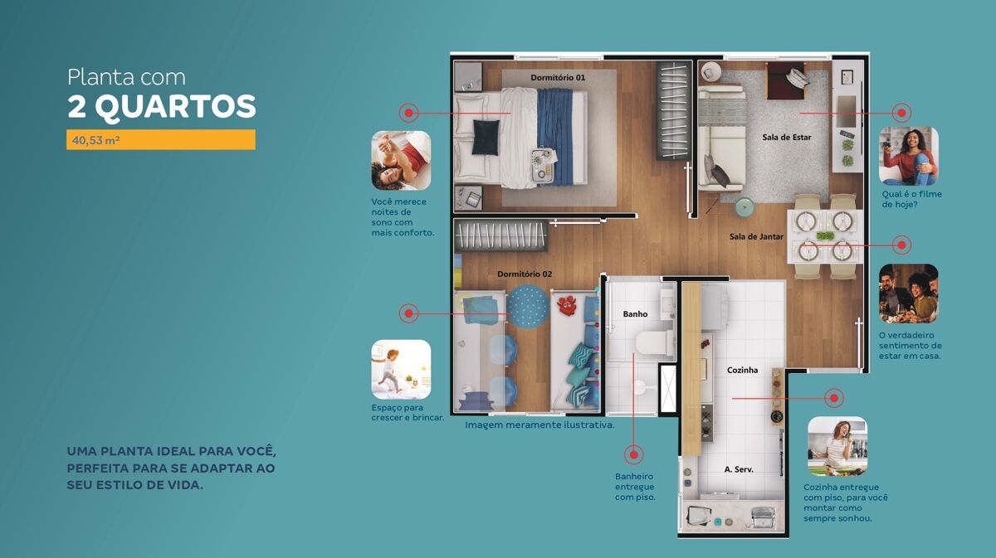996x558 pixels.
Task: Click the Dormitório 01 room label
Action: [558, 78]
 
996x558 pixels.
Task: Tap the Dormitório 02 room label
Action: [525, 274]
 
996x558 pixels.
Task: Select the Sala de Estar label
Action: [787, 138]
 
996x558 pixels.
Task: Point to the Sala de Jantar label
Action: [756, 237]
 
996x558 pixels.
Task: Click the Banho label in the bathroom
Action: [635, 314]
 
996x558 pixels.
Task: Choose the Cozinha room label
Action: [742, 370]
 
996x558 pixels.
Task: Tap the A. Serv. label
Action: [739, 469]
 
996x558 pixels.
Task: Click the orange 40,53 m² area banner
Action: [161, 140]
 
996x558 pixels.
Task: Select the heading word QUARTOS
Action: [175, 107]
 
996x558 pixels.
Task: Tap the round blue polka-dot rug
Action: [528, 306]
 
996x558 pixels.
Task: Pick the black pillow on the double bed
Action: [486, 137]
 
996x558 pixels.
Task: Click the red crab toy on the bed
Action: [567, 306]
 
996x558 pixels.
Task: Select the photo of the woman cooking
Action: [837, 447]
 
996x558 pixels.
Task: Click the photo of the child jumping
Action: [401, 370]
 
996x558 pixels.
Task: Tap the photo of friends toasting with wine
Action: [908, 294]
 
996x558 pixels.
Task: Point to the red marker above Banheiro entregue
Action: [633, 454]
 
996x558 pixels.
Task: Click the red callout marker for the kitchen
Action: [833, 398]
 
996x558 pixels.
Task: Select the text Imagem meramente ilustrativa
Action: [539, 425]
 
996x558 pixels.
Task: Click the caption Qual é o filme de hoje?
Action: [911, 200]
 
